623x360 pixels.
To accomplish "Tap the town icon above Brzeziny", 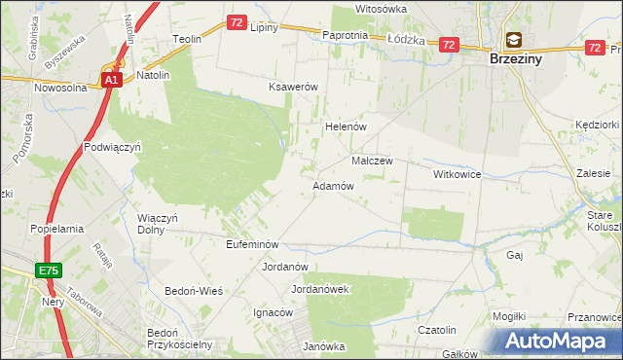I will [513, 41].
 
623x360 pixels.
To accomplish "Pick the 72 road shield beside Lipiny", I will [237, 21].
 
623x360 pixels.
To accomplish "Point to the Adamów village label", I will [332, 186].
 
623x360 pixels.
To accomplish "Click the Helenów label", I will [344, 127].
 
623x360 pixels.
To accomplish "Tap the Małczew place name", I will [371, 162].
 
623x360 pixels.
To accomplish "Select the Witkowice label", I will [458, 174].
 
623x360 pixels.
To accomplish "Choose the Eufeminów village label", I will [252, 244].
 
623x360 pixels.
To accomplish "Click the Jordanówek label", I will [319, 289].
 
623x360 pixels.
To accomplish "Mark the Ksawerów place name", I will [294, 87].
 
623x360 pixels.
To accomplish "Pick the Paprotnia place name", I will [345, 35].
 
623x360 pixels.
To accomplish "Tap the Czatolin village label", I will [437, 330].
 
